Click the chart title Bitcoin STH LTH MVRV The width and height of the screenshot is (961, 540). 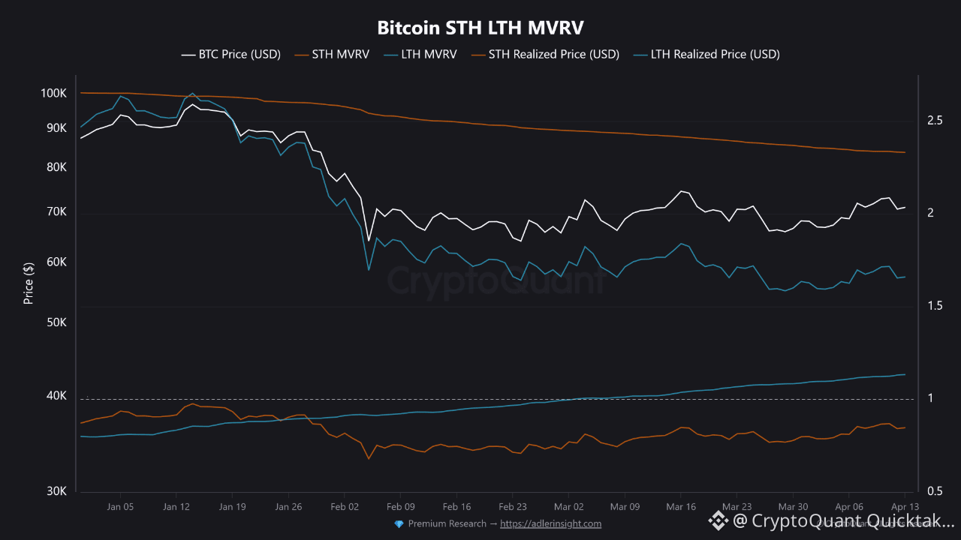tap(480, 28)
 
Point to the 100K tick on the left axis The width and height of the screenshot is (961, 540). tap(54, 94)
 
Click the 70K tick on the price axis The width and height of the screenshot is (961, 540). tap(56, 213)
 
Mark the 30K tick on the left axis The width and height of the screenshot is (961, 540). tap(56, 491)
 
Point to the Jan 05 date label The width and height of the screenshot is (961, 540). tap(120, 507)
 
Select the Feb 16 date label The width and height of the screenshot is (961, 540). tap(456, 507)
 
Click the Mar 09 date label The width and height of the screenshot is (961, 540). tap(625, 507)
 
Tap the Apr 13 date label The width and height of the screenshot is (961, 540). tap(905, 507)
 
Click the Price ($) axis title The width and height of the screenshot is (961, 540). tap(29, 283)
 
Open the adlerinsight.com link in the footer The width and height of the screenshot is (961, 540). tap(550, 523)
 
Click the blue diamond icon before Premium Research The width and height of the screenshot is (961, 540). tap(399, 523)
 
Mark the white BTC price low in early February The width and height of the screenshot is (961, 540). tap(369, 241)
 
